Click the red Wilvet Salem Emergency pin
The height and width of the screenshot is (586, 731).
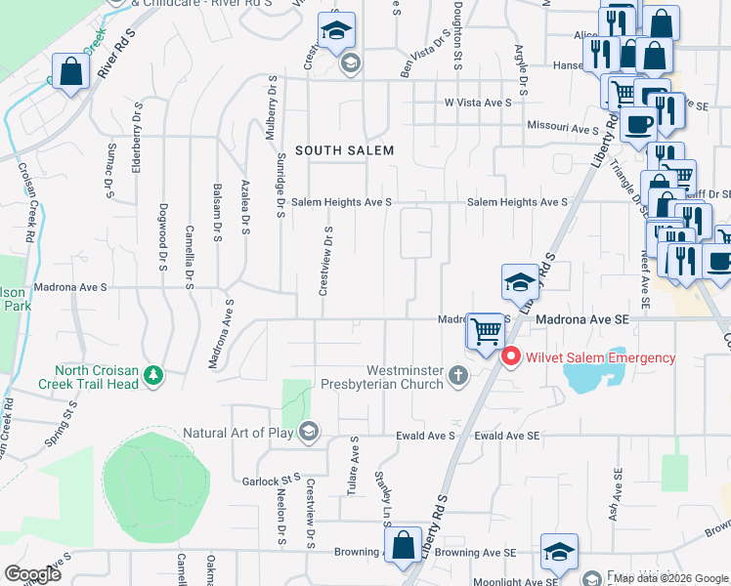click(x=510, y=358)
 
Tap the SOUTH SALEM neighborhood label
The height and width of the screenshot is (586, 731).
click(x=344, y=150)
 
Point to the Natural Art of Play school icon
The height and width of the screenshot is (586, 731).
click(x=309, y=432)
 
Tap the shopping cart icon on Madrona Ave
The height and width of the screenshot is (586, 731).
click(x=485, y=330)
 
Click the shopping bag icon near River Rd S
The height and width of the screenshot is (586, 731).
click(x=71, y=71)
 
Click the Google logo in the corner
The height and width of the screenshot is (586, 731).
click(x=32, y=574)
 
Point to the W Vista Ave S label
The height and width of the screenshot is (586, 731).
click(x=479, y=102)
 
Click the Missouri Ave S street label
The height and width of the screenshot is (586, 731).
click(x=562, y=129)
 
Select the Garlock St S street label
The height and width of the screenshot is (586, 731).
click(x=271, y=481)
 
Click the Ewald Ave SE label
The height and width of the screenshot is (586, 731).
click(x=506, y=435)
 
